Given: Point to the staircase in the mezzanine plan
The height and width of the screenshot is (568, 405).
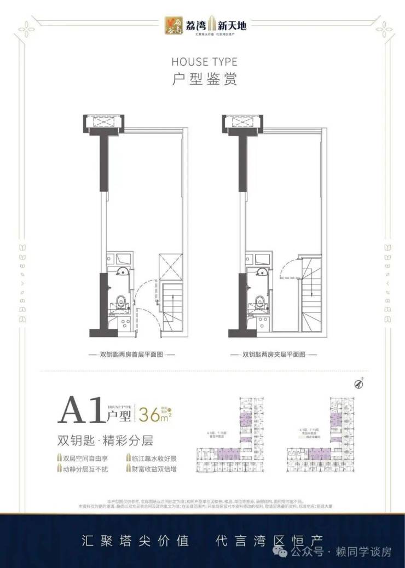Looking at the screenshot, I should click(311, 295).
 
